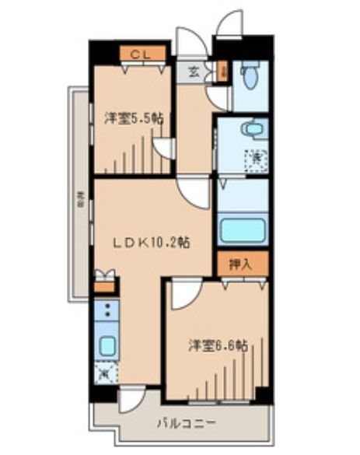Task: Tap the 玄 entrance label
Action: pyautogui.click(x=191, y=72)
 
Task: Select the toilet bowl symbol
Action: pyautogui.click(x=248, y=78)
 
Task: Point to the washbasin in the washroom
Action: pyautogui.click(x=250, y=128)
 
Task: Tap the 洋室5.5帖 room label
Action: pyautogui.click(x=133, y=118)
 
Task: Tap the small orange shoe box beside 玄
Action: pyautogui.click(x=224, y=72)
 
